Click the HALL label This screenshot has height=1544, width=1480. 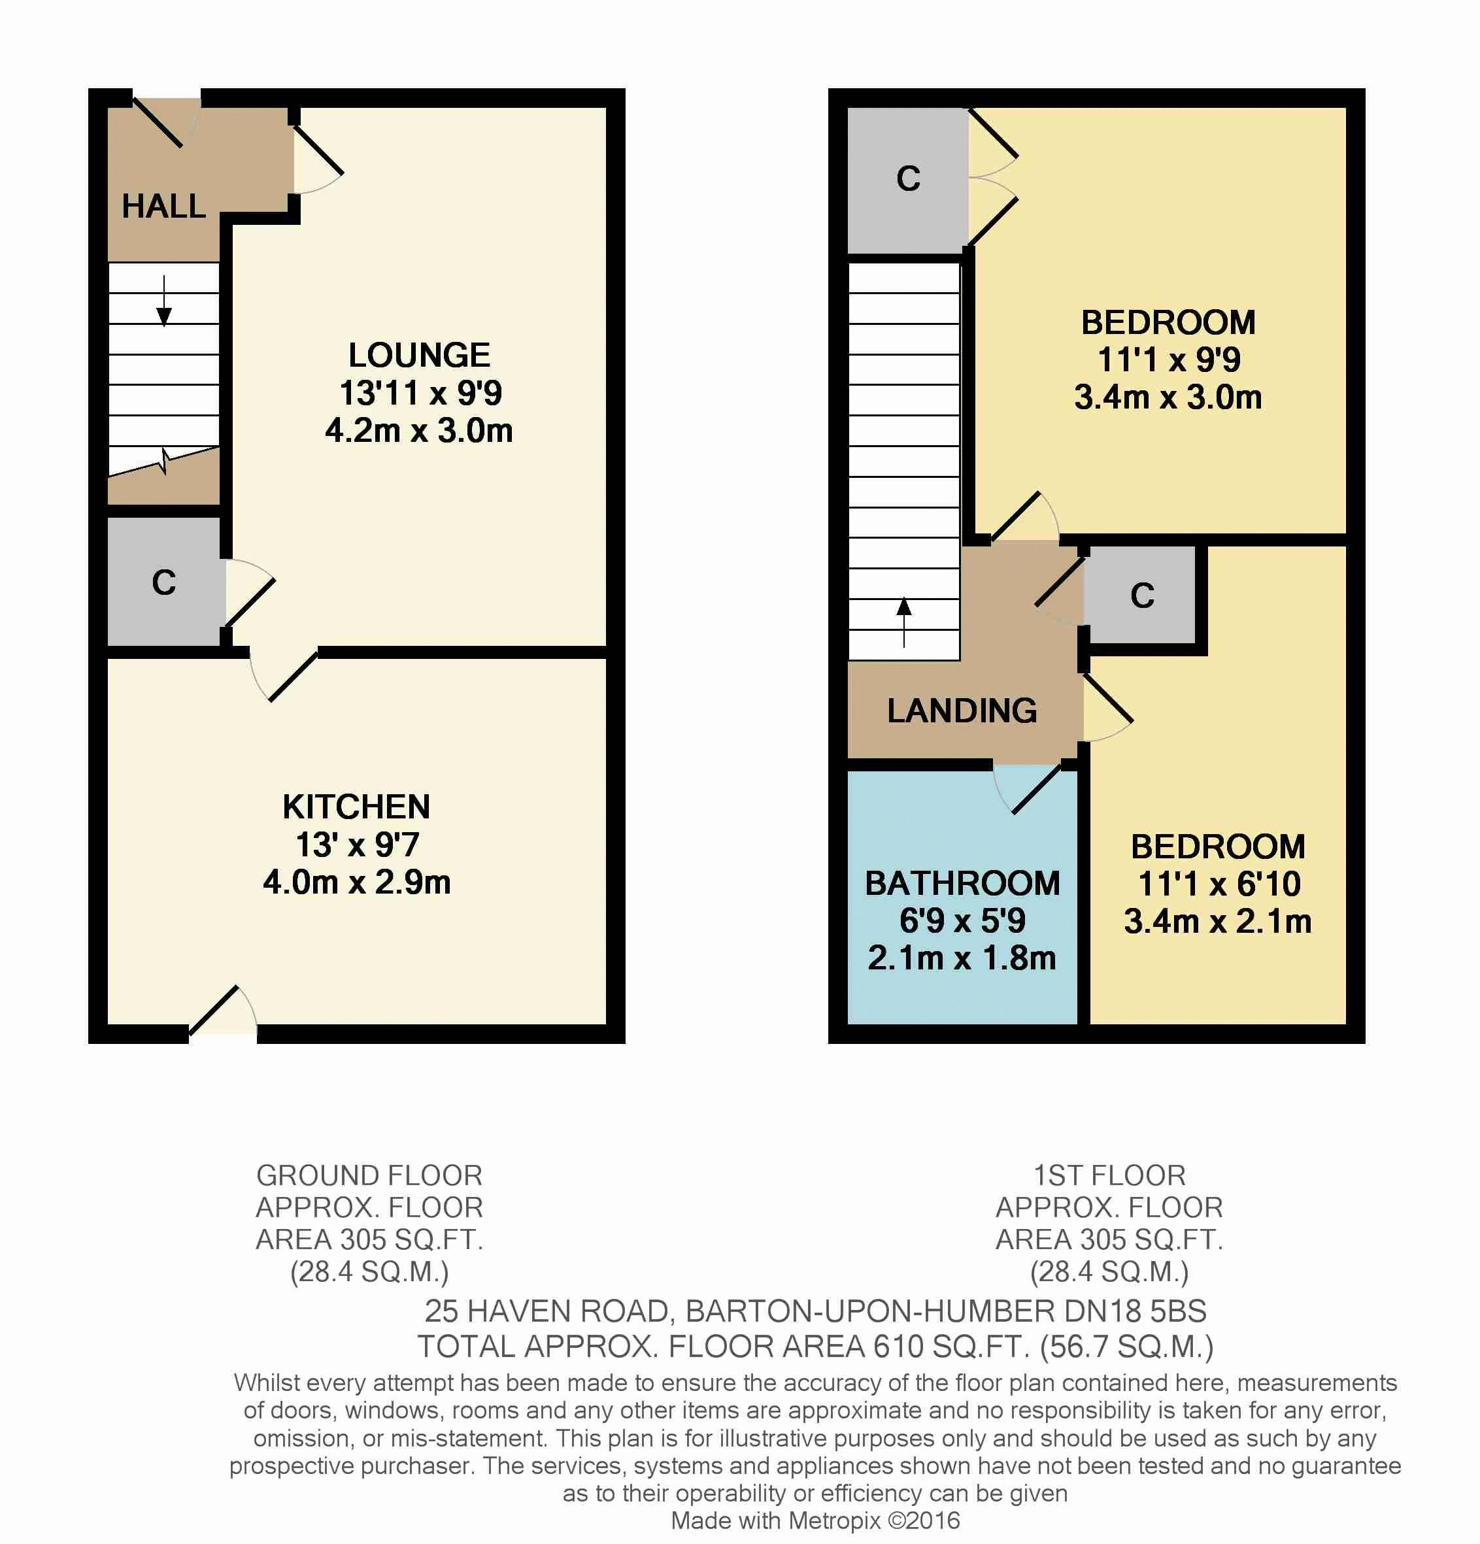164,207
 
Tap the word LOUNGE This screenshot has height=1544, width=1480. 419,356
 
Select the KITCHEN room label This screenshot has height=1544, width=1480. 357,807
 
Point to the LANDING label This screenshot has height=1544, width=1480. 962,711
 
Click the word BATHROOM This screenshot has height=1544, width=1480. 962,883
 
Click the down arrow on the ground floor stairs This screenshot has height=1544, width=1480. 164,301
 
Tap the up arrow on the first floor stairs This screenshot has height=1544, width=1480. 904,622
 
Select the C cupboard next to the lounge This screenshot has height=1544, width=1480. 164,582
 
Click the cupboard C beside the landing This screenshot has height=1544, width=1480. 1142,596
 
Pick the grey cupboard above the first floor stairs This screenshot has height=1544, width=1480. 908,180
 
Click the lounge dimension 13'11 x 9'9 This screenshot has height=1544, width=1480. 420,393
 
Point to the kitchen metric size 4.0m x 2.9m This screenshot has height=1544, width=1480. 357,882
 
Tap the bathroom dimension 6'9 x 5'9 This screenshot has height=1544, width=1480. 962,920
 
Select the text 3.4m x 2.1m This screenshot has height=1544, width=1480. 1218,921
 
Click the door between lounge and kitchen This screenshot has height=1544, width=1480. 284,673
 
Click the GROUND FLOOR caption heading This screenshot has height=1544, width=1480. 369,1176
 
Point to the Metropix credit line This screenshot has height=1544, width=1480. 815,1520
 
